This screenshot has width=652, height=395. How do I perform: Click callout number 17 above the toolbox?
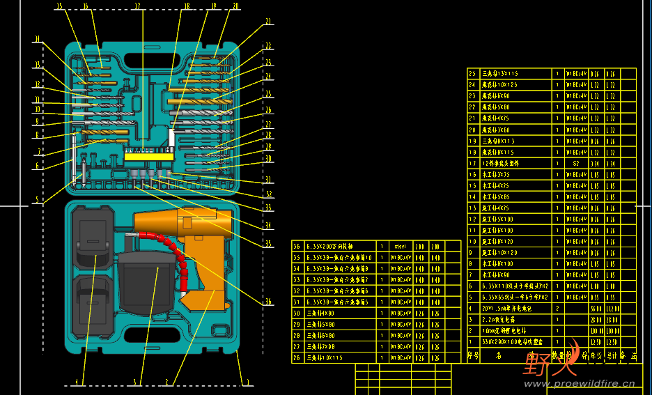click(137, 7)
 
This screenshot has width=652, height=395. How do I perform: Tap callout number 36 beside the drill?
click(267, 302)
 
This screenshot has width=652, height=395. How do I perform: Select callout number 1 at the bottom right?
click(246, 381)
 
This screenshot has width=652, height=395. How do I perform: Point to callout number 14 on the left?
click(37, 39)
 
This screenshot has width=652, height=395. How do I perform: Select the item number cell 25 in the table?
click(473, 73)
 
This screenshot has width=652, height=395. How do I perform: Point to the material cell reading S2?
click(576, 163)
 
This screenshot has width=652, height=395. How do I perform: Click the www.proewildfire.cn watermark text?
click(579, 383)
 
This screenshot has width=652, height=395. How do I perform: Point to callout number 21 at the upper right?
click(267, 22)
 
